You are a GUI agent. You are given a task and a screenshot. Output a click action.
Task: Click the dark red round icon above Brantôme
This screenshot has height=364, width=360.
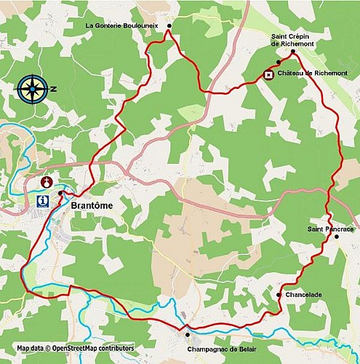(x=49, y=181)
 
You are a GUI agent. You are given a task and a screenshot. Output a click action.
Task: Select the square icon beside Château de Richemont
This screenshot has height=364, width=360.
(x=268, y=74)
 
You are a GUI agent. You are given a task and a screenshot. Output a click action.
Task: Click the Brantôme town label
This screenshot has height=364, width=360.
(x=92, y=206)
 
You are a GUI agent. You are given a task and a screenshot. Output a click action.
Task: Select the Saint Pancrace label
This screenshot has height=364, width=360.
(x=331, y=229)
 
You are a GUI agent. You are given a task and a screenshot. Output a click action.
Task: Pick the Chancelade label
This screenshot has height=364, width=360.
(x=304, y=295)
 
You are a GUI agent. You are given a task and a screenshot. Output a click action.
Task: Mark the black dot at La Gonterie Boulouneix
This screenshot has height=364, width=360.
(x=169, y=26)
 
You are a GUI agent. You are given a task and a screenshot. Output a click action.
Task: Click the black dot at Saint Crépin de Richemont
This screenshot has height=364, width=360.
(x=292, y=52)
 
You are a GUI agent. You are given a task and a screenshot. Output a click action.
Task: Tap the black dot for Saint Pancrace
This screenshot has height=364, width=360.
(x=336, y=237)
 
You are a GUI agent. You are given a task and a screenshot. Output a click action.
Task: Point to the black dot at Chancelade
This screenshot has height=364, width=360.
(x=279, y=294)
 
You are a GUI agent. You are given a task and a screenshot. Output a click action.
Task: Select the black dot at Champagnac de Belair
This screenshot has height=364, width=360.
(x=188, y=335)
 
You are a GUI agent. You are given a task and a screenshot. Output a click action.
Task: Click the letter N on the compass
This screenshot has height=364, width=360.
(x=53, y=89)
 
